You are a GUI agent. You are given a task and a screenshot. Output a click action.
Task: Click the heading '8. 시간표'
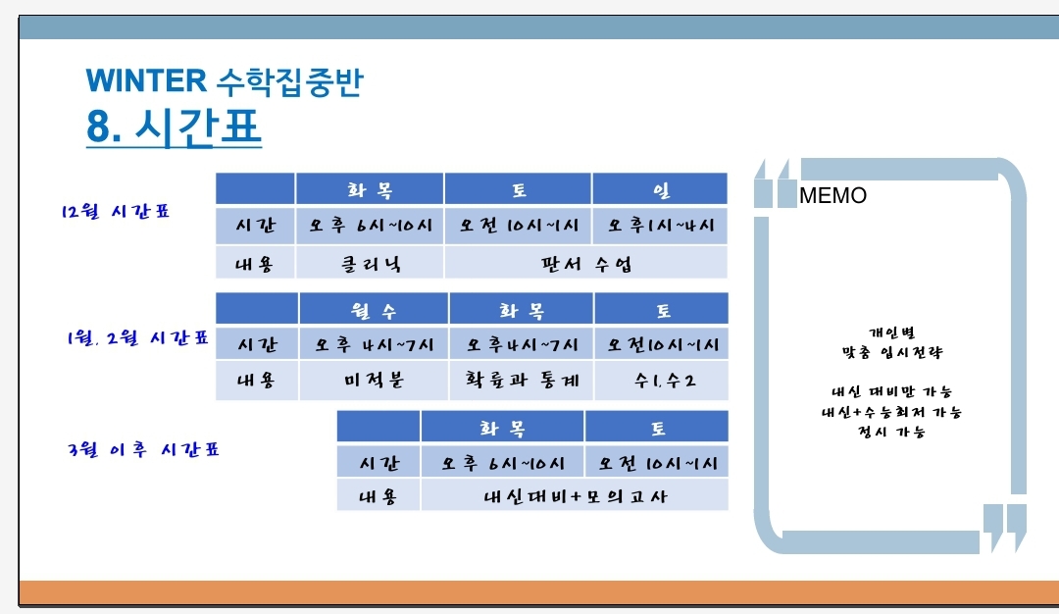174,127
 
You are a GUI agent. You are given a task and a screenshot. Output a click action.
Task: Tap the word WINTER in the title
146,80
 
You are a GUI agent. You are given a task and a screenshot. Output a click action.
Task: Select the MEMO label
832,195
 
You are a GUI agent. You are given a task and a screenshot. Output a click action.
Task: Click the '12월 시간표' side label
115,212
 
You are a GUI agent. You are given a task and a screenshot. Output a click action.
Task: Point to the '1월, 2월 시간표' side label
137,337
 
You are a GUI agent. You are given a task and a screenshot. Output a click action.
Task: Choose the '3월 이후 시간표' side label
144,449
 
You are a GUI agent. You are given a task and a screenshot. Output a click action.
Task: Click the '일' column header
661,190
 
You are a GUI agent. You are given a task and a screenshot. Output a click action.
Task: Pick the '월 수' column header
374,311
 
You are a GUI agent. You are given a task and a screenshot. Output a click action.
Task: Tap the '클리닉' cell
371,264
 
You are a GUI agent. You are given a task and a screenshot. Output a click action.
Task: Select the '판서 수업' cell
586,264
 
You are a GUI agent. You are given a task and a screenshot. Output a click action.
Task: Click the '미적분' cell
374,381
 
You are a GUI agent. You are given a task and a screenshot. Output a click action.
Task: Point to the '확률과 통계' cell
522,381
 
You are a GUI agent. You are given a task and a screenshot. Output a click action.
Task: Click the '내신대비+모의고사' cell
575,496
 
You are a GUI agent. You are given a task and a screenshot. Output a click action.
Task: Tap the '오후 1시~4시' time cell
661,226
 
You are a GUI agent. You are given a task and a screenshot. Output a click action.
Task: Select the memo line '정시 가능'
890,431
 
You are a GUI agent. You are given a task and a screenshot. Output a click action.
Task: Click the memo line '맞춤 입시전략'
891,352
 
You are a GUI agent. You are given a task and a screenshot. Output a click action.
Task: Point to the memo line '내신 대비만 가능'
891,391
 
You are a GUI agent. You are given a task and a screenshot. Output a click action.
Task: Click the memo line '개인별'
891,333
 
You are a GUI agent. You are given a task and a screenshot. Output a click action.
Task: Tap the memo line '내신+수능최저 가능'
891,411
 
